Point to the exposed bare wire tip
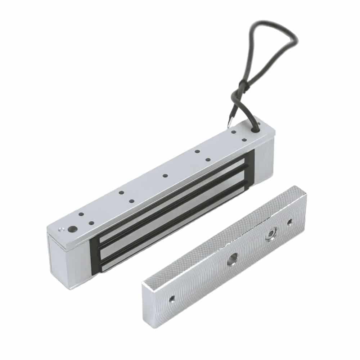coord(229,124)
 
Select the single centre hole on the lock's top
coord(165,176)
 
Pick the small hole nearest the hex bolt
coord(290,222)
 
